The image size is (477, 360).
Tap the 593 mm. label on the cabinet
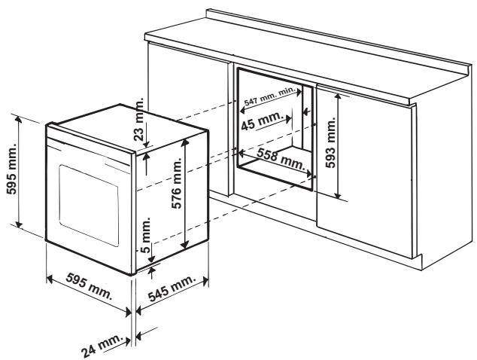click(x=356, y=142)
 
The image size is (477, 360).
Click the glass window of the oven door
click(x=90, y=197)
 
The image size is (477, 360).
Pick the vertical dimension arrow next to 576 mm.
click(x=187, y=197)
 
